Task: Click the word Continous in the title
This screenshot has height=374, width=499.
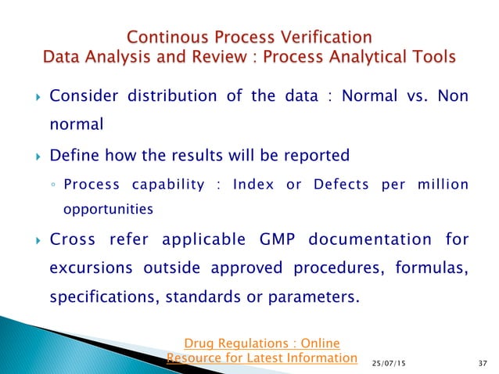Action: point(165,36)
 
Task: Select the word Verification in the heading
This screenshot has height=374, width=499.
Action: point(324,36)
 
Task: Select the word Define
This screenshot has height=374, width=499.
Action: point(74,156)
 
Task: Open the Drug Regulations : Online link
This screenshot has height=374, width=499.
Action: point(261,343)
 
